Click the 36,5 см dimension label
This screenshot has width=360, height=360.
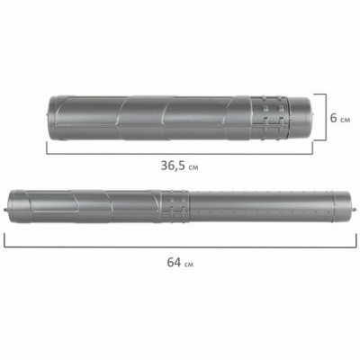179,166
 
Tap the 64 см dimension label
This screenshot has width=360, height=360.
180,263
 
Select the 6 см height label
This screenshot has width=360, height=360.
340,118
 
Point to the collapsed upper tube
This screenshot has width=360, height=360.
180,118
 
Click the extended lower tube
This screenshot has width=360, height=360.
180,207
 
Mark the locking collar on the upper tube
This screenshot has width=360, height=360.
269,118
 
